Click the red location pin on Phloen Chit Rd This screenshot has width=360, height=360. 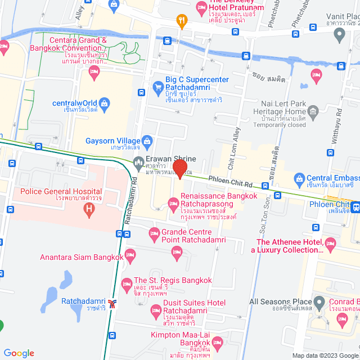click(179, 169)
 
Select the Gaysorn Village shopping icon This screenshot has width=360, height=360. click(147, 141)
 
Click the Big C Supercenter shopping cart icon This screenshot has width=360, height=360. click(158, 87)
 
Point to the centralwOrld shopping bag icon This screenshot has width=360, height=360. click(104, 103)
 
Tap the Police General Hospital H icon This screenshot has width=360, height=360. click(88, 210)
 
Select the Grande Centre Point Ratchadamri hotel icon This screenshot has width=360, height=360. click(154, 232)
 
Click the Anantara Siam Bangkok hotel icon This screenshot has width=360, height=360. click(130, 254)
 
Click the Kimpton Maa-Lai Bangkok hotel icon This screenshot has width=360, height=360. click(217, 342)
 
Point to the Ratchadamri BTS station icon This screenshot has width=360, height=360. click(113, 304)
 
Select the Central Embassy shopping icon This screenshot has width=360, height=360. click(299, 180)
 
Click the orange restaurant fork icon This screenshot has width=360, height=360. click(181, 22)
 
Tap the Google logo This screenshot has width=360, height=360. click(19, 353)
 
